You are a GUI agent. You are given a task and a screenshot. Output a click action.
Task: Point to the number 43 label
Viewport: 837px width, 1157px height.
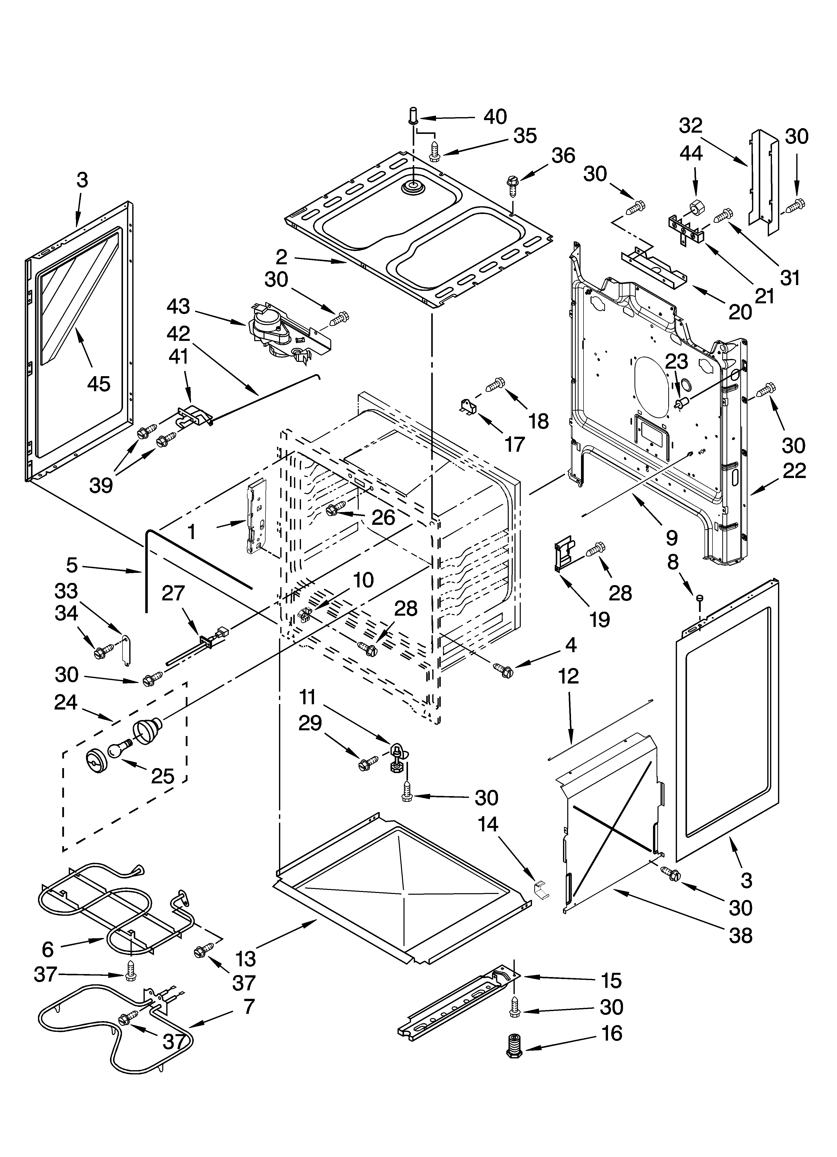coord(178,307)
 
